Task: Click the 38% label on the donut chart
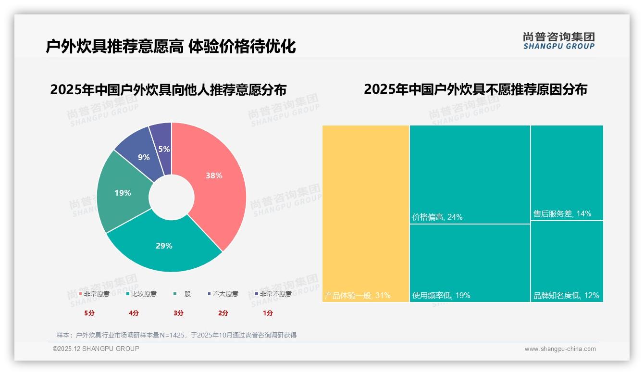[x=214, y=176]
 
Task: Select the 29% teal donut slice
[x=164, y=246]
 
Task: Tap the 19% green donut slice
[x=123, y=193]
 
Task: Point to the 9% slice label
[x=144, y=157]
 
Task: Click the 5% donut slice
[x=164, y=149]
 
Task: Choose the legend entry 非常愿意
[x=95, y=294]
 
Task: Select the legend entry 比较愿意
[x=142, y=294]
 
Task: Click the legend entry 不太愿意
[x=223, y=294]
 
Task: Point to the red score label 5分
[x=89, y=313]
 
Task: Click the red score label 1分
[x=268, y=313]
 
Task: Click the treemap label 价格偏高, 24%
[x=437, y=217]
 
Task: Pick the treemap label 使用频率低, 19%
[x=441, y=295]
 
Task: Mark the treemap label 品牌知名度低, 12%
[x=566, y=295]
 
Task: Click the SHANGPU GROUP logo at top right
[x=559, y=41]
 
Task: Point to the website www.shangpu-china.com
[x=560, y=349]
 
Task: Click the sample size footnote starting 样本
[x=176, y=335]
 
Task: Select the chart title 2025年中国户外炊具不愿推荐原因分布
[x=475, y=89]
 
